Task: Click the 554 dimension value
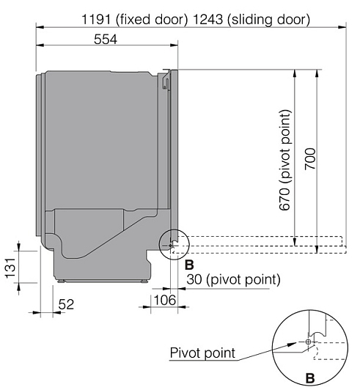coord(106,39)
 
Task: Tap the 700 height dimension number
coord(310,158)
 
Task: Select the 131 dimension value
coord(11,268)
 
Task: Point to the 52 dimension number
coord(66,304)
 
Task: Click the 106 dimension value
coord(165,300)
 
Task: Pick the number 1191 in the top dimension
coord(96,19)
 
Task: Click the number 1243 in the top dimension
coord(207,19)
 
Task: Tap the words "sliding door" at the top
coord(268,20)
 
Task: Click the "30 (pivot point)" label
coord(233,279)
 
